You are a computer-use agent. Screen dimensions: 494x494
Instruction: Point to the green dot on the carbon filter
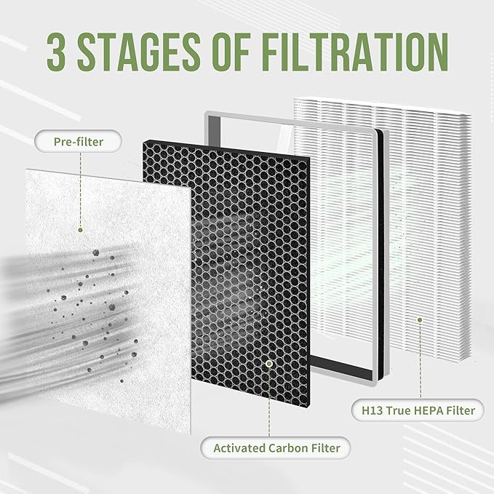pyautogui.click(x=269, y=362)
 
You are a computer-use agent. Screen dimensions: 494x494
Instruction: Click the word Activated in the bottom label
pyautogui.click(x=237, y=447)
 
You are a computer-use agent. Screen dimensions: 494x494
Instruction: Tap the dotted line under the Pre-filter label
pyautogui.click(x=80, y=189)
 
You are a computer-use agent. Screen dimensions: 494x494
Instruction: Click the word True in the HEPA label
pyautogui.click(x=399, y=410)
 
